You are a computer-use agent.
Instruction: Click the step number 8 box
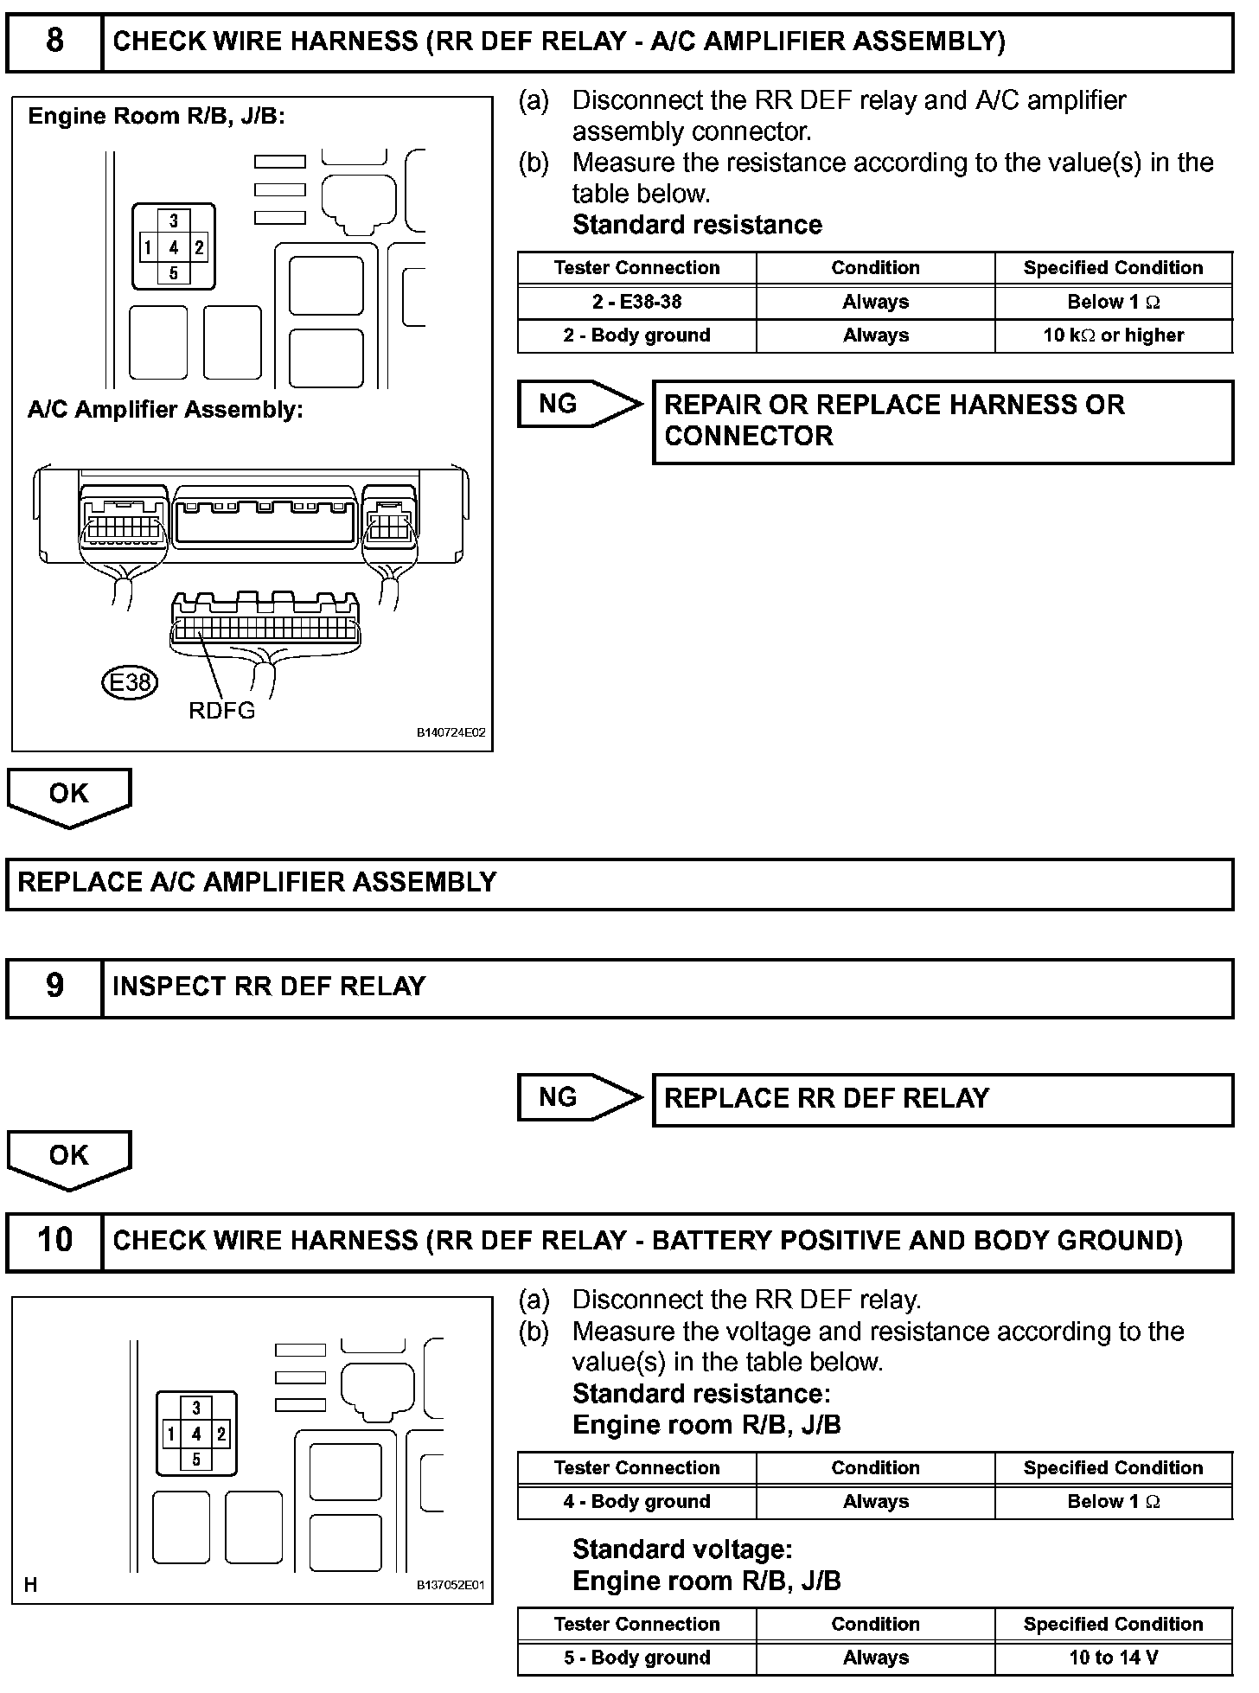click(x=54, y=41)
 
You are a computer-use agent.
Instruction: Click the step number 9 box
click(x=54, y=987)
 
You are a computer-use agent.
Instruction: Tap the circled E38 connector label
click(x=130, y=683)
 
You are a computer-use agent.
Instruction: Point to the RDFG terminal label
click(x=222, y=712)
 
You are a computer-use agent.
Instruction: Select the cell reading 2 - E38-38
click(x=636, y=302)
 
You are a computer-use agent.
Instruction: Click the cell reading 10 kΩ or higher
click(x=1113, y=335)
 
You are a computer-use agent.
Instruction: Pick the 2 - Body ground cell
click(x=636, y=335)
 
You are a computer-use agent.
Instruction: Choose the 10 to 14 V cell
click(x=1113, y=1658)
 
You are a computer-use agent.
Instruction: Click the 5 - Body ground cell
click(x=636, y=1658)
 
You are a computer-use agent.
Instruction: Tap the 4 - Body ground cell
click(x=636, y=1502)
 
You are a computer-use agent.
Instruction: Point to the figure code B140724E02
click(x=451, y=732)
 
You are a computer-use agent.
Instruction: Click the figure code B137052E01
click(x=451, y=1586)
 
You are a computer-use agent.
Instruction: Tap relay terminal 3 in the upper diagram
click(x=174, y=221)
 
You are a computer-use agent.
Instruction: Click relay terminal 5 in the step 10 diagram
click(x=196, y=1460)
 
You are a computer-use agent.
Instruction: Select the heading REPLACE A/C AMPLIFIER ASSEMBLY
click(x=257, y=882)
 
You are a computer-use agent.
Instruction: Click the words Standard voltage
click(x=682, y=1549)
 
